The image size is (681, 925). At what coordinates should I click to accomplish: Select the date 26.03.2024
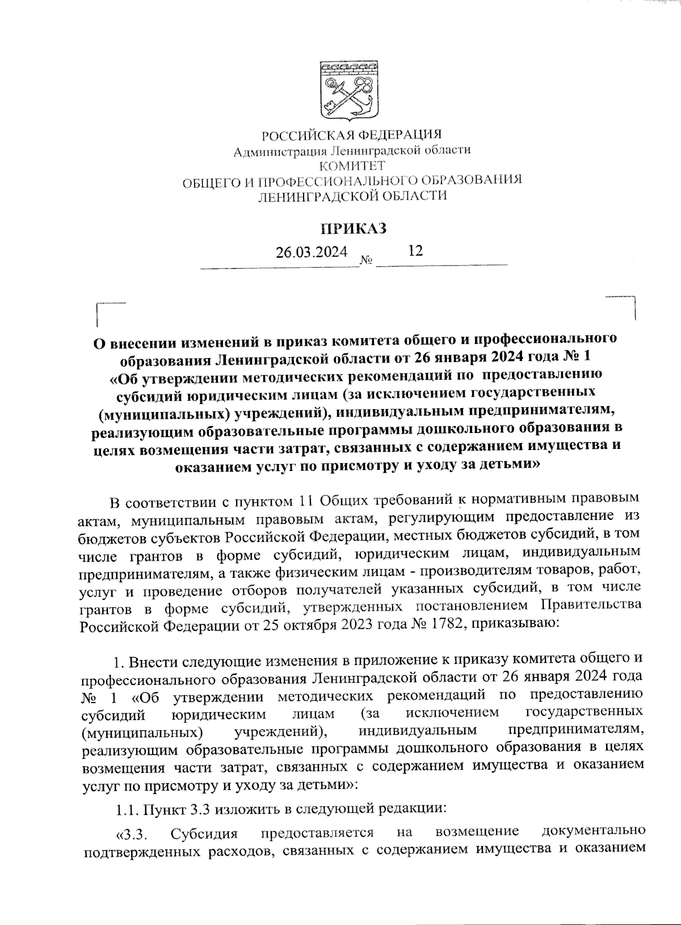[311, 252]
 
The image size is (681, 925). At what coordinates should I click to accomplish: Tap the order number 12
[415, 250]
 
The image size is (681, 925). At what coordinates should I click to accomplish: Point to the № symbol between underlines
[366, 261]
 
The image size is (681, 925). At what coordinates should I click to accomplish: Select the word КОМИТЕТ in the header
[352, 166]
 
